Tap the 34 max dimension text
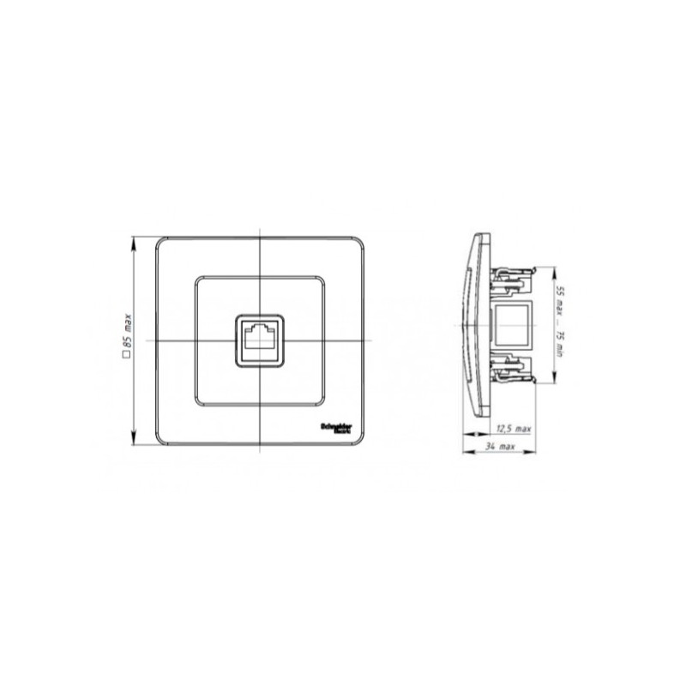(500, 448)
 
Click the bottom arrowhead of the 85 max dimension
(134, 440)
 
